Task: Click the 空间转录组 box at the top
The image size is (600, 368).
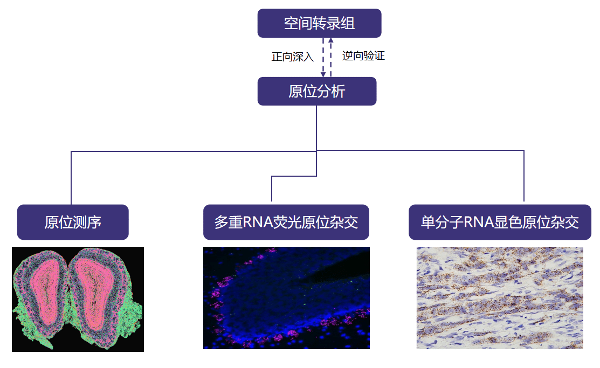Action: pyautogui.click(x=319, y=23)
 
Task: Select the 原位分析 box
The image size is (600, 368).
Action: pyautogui.click(x=316, y=91)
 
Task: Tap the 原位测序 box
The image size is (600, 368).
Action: pyautogui.click(x=73, y=222)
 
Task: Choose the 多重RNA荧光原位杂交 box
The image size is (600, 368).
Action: pyautogui.click(x=286, y=222)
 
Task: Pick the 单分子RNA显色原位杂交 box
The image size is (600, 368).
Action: pyautogui.click(x=500, y=222)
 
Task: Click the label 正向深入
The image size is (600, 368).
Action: pyautogui.click(x=293, y=57)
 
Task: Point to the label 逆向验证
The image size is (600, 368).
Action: pyautogui.click(x=363, y=55)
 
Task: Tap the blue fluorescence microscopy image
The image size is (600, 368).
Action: pyautogui.click(x=286, y=297)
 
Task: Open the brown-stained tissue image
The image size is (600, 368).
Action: pyautogui.click(x=500, y=297)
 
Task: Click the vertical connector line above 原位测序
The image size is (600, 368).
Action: pyautogui.click(x=71, y=178)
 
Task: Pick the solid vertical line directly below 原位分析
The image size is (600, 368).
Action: pyautogui.click(x=316, y=127)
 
